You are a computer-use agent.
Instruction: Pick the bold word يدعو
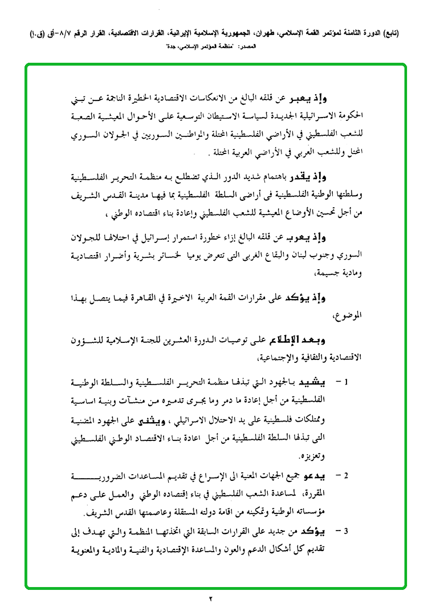coord(332,475)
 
